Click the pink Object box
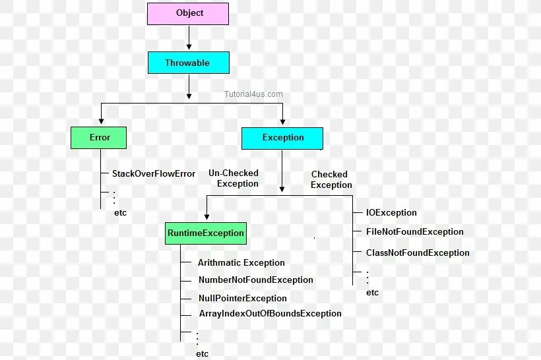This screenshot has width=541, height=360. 188,13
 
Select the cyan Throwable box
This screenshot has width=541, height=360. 188,63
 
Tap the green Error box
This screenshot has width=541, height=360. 99,137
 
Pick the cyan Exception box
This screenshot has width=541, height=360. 282,138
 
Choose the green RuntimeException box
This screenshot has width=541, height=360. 206,233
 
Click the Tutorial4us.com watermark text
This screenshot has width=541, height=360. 252,94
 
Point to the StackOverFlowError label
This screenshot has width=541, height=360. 154,173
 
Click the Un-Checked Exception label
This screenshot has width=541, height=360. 234,178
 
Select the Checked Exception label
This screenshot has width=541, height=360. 331,179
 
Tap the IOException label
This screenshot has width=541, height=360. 391,213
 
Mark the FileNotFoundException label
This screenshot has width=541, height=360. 414,231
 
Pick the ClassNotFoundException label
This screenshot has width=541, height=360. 418,253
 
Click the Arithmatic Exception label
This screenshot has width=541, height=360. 241,262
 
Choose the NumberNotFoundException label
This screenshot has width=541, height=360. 255,280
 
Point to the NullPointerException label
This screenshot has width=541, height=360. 243,298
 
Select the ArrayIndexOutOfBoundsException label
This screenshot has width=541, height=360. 270,313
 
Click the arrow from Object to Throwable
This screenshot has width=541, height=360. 189,38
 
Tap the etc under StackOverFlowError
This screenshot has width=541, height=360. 120,212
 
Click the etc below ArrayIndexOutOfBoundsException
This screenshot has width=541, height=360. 202,353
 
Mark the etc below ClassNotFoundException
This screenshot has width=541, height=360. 372,292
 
